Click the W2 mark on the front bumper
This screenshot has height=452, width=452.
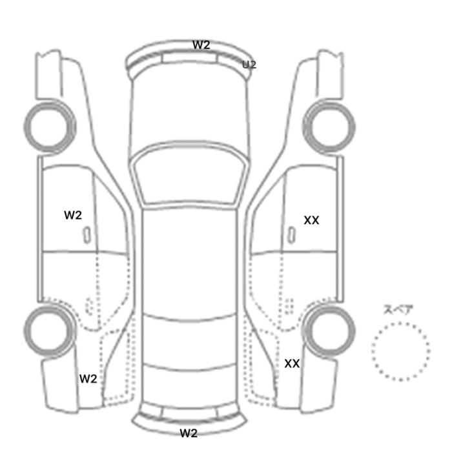click(201, 45)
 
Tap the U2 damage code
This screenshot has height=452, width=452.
click(249, 65)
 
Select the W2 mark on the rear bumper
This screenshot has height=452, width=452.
click(189, 433)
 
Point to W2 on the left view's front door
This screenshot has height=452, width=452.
click(73, 215)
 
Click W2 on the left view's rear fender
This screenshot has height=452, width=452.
click(88, 379)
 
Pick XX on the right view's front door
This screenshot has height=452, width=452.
click(311, 220)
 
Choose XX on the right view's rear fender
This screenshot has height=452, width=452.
click(292, 364)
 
